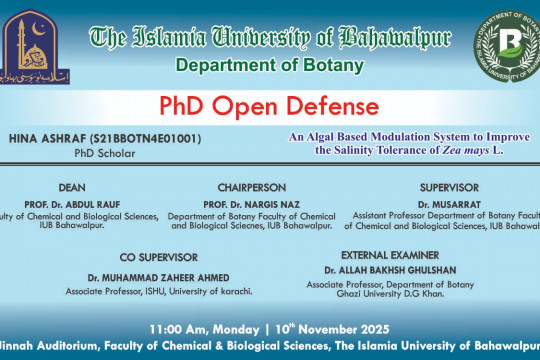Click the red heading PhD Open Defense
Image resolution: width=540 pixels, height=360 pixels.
pyautogui.click(x=270, y=106)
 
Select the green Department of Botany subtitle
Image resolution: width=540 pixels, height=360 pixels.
pyautogui.click(x=270, y=66)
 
